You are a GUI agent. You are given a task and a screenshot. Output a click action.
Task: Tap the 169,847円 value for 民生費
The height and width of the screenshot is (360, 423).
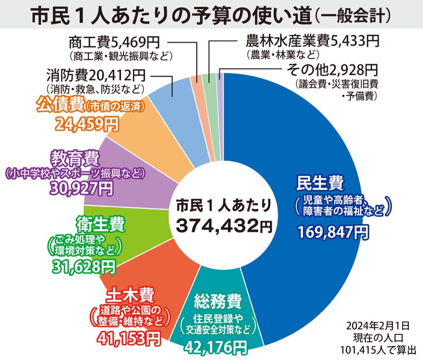pos(333,232)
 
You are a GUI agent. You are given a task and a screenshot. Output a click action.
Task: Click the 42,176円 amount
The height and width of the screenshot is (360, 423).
pos(215,347)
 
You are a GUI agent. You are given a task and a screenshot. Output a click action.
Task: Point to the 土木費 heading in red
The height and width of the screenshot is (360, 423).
pos(130,295)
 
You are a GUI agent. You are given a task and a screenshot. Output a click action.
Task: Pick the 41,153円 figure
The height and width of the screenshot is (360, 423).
pos(128,339)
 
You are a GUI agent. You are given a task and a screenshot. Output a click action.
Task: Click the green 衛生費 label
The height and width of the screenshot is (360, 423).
pos(100,224)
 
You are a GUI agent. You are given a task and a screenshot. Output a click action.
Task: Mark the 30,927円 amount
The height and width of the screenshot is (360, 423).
pos(82,188)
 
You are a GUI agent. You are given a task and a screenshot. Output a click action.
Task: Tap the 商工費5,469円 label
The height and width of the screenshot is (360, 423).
pos(114,43)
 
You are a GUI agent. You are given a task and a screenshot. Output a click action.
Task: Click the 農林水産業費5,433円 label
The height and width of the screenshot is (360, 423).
pos(312,41)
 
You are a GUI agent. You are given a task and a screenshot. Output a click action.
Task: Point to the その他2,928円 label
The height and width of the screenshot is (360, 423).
pos(332,70)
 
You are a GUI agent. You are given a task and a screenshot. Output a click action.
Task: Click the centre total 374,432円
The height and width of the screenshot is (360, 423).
pos(223,225)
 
